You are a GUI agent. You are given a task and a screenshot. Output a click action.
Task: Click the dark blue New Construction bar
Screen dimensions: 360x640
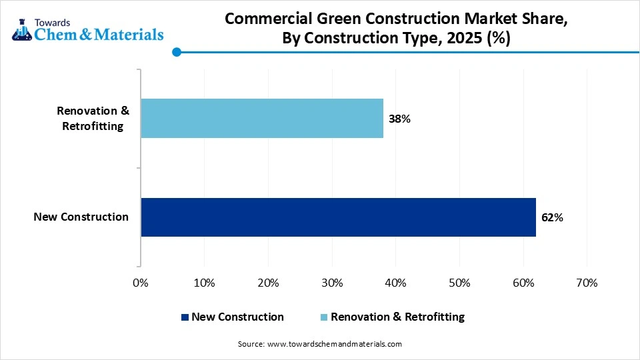[338, 217]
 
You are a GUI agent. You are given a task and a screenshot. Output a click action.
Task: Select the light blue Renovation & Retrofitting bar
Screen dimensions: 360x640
[262, 119]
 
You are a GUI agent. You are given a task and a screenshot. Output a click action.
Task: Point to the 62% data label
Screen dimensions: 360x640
[552, 217]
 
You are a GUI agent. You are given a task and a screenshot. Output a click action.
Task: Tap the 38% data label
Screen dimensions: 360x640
[399, 119]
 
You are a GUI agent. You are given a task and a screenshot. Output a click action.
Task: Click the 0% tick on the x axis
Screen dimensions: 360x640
[141, 283]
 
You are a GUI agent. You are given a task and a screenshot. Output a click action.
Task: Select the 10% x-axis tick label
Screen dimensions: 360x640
[204, 283]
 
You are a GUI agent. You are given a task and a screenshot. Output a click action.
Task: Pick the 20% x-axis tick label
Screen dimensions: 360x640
[268, 283]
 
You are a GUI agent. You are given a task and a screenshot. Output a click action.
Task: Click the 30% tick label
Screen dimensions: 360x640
[332, 283]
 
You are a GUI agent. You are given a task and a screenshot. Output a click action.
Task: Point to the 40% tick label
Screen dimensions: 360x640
[395, 283]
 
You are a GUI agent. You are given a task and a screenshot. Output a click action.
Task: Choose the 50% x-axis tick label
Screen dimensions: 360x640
[459, 283]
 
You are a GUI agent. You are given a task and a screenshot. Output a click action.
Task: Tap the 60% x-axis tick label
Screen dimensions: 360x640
[523, 283]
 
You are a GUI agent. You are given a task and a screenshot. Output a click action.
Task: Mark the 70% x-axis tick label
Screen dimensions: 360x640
[587, 283]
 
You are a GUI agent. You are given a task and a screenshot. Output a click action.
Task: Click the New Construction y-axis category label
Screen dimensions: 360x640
[81, 217]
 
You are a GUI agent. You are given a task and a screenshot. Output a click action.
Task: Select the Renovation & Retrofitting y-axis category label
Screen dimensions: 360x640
[93, 118]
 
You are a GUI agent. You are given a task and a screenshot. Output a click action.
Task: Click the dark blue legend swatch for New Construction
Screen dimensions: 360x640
[185, 317]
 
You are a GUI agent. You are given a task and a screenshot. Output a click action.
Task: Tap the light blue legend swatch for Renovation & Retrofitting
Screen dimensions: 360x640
[325, 317]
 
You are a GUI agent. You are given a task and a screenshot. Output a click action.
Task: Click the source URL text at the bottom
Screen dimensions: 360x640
[319, 344]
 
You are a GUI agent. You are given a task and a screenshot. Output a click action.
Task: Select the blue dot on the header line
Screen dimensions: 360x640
[176, 52]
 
